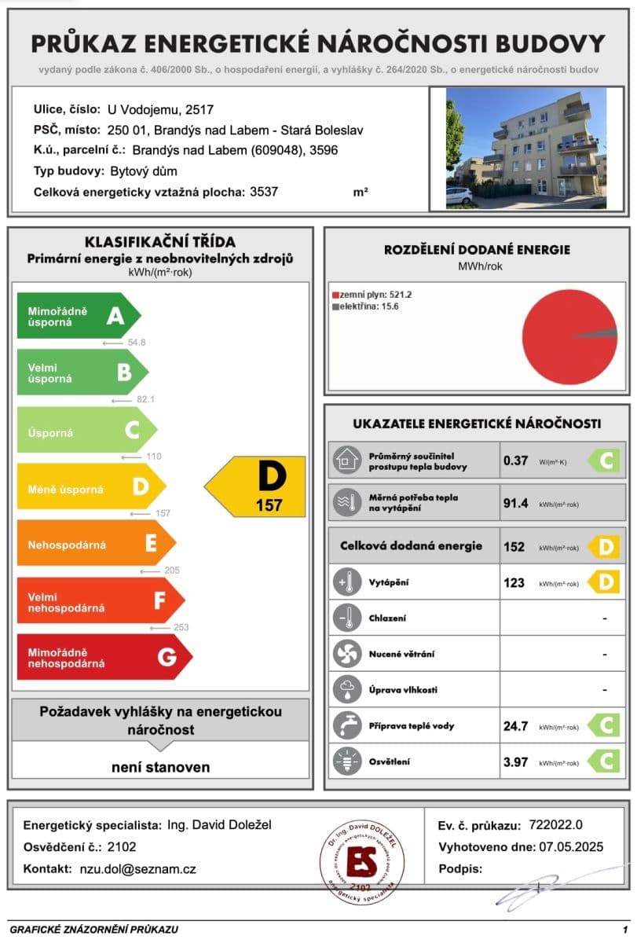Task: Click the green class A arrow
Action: [x=79, y=316]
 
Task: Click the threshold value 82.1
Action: [x=146, y=399]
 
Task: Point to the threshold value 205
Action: [x=172, y=571]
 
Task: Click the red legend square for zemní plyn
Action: [x=335, y=294]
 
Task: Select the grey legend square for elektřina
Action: [x=335, y=306]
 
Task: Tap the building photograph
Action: [x=525, y=148]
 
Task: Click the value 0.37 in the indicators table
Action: [x=515, y=461]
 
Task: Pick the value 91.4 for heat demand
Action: [x=515, y=504]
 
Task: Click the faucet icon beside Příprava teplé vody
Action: [x=346, y=725]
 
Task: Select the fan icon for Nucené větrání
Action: [x=346, y=654]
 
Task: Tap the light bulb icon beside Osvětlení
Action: [x=346, y=761]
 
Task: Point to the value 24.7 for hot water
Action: [x=515, y=726]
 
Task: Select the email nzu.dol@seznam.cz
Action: [x=138, y=869]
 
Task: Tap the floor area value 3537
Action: [x=263, y=192]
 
